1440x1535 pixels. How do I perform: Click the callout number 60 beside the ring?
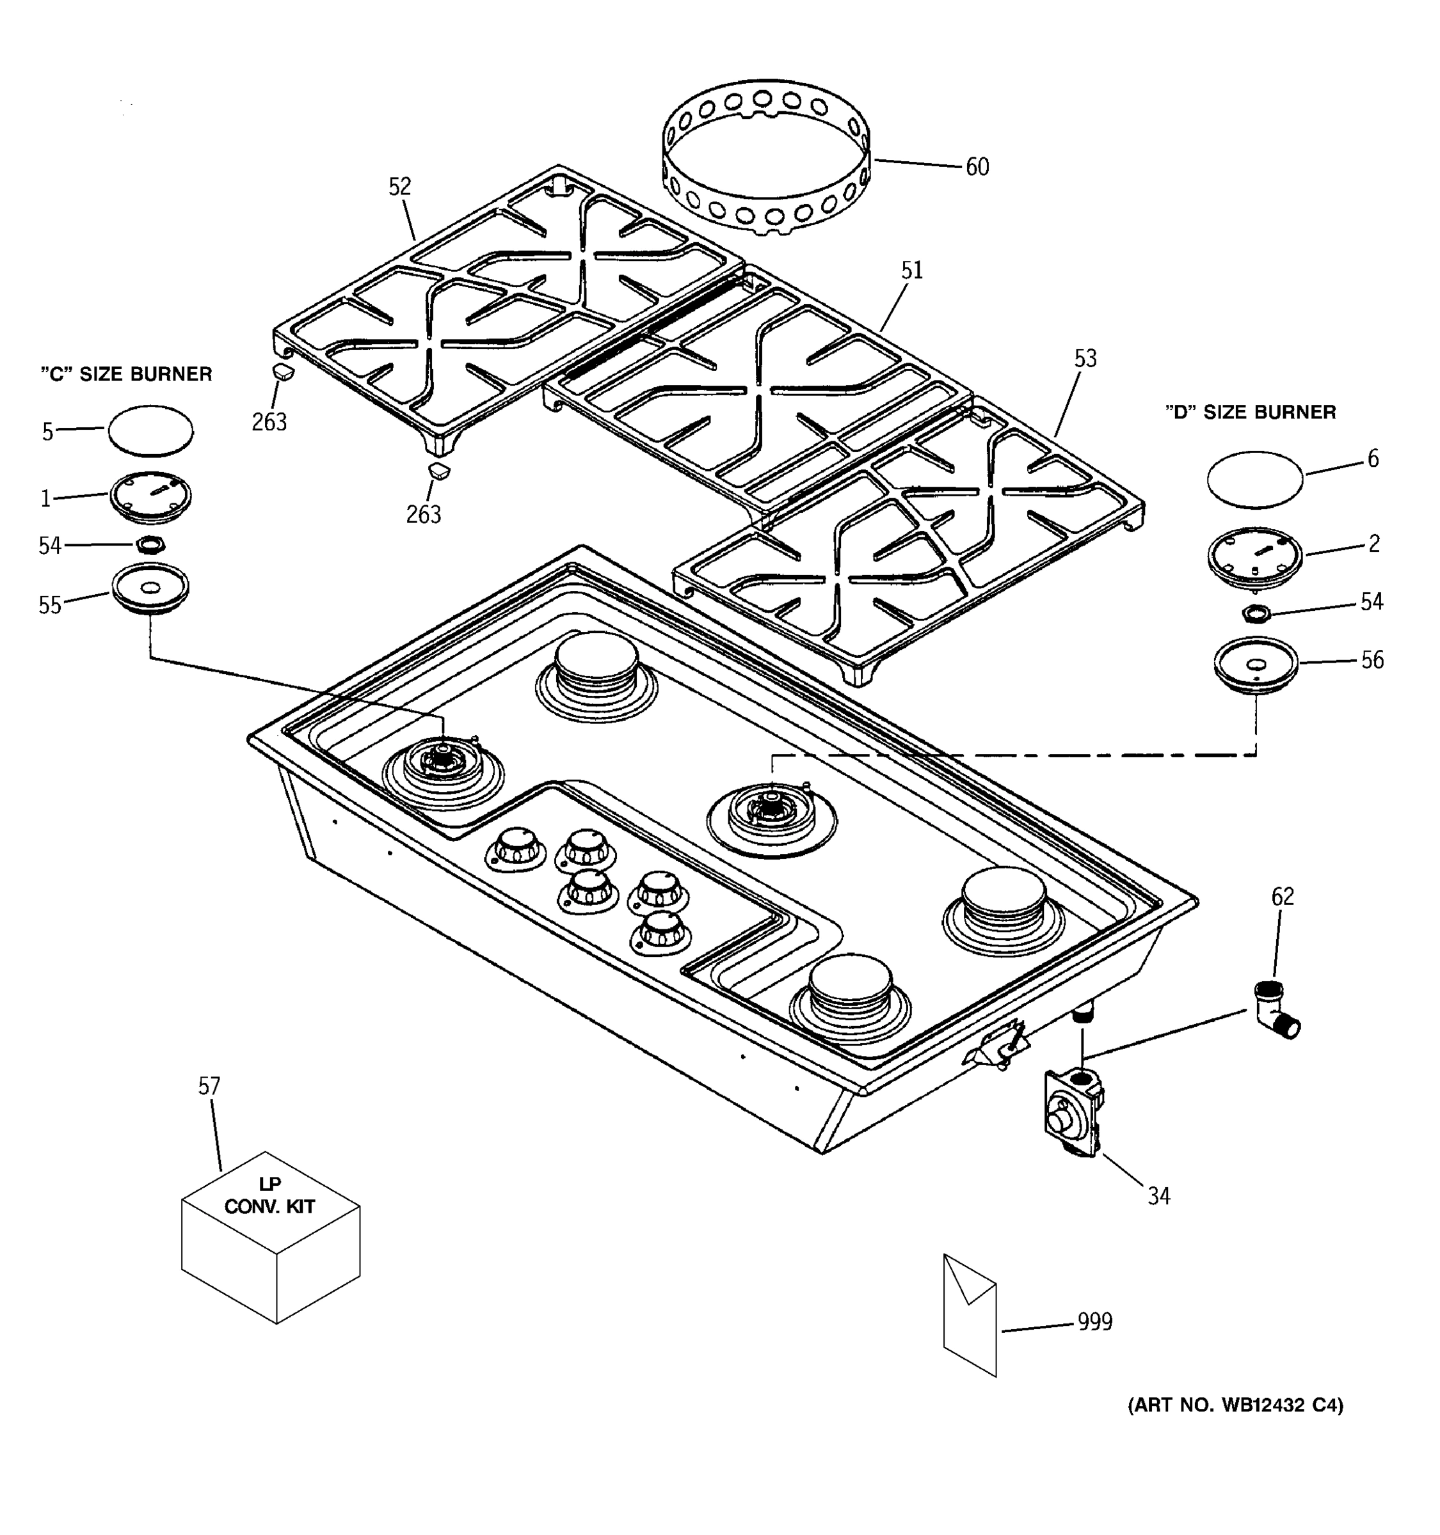tap(977, 167)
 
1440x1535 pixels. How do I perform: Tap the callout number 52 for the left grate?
tap(399, 186)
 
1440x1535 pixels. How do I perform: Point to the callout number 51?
tap(911, 271)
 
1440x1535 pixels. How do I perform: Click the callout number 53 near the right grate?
tap(1085, 358)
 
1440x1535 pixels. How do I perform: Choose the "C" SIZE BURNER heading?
tap(126, 375)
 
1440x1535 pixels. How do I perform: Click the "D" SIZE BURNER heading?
tap(1250, 413)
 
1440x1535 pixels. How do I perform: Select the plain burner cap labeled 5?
tap(150, 430)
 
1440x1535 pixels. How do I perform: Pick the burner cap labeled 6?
tap(1254, 480)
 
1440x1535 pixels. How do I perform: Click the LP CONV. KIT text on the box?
tap(269, 1196)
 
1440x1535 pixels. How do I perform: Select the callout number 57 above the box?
tap(209, 1087)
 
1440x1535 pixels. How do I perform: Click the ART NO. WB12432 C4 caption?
tap(1235, 1405)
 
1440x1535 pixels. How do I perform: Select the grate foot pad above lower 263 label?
tap(438, 471)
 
